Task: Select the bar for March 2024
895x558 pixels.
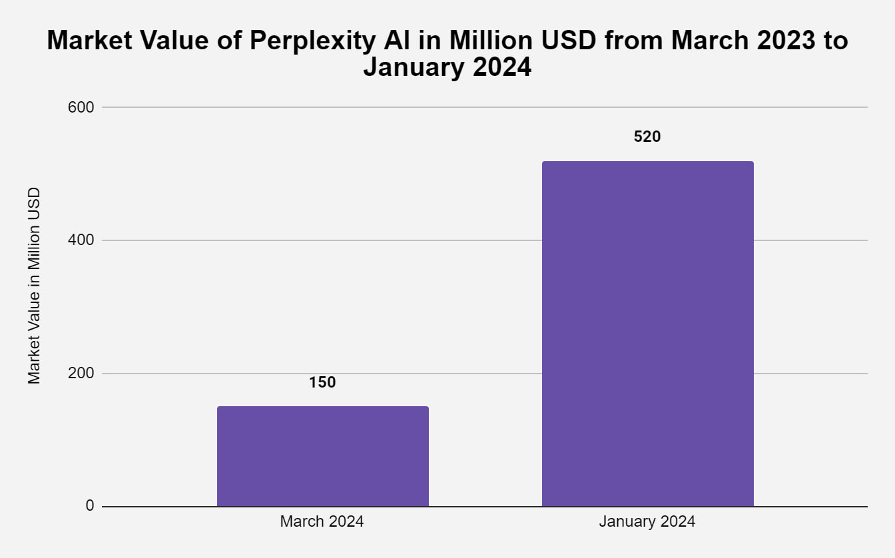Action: pyautogui.click(x=322, y=456)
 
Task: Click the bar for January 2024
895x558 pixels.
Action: pyautogui.click(x=647, y=333)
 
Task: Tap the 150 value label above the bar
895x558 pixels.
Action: pyautogui.click(x=322, y=382)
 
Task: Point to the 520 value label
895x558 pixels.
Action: pyautogui.click(x=647, y=137)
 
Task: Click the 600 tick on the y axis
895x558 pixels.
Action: pyautogui.click(x=81, y=107)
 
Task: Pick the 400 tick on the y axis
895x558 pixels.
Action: pyautogui.click(x=81, y=240)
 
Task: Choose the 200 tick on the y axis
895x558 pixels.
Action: pyautogui.click(x=81, y=373)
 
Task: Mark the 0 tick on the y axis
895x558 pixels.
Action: pyautogui.click(x=90, y=506)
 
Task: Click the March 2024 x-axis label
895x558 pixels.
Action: pyautogui.click(x=322, y=521)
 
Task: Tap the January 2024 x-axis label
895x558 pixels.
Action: pyautogui.click(x=647, y=521)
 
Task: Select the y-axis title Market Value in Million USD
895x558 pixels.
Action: pyautogui.click(x=34, y=285)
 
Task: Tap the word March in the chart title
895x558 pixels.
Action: pyautogui.click(x=704, y=41)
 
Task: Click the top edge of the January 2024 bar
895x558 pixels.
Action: pyautogui.click(x=647, y=162)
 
